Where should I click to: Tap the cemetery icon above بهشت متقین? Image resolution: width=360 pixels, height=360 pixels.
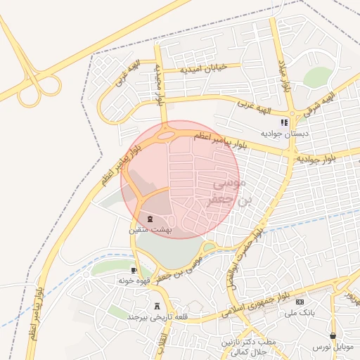[148, 219]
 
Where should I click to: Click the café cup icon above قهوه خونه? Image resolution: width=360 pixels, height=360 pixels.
[134, 269]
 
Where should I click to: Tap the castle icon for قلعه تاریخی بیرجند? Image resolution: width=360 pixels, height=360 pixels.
[157, 307]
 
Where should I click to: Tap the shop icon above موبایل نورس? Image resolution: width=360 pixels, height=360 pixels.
[333, 335]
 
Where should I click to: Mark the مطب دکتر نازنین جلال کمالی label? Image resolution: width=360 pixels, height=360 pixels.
[243, 346]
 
